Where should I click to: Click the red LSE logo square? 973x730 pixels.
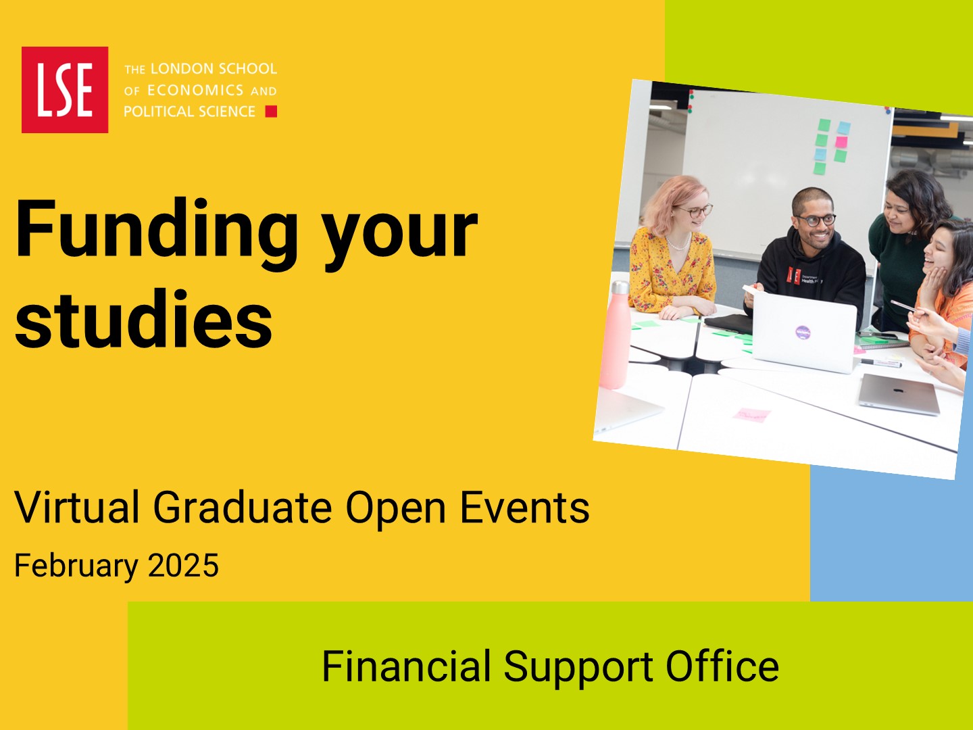point(65,89)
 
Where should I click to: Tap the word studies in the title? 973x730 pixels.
point(144,318)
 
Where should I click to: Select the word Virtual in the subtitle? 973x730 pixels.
point(77,507)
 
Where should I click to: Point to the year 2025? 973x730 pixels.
point(183,566)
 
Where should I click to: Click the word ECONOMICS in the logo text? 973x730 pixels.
point(195,91)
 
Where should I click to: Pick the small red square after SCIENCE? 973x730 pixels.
point(271,112)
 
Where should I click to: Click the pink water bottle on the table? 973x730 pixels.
point(616,335)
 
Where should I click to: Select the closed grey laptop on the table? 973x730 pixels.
point(899,394)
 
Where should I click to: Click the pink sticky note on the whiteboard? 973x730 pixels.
point(841,142)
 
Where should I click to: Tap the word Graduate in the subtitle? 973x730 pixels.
point(243,507)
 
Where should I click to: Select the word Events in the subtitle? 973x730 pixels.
point(525,507)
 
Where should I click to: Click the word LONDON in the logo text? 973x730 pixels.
point(182,69)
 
